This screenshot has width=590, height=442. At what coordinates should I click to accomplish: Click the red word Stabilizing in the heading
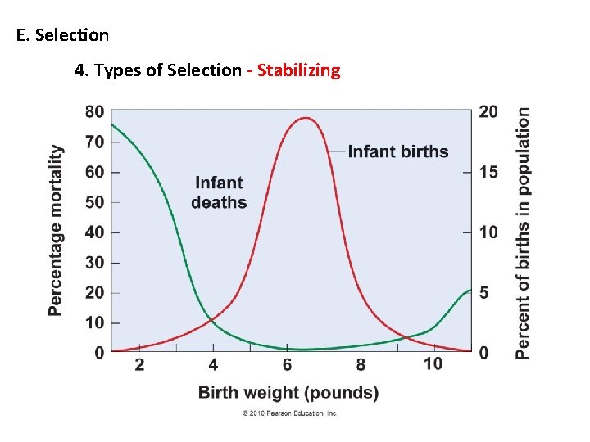point(299,70)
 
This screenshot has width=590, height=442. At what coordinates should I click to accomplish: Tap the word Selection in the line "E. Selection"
point(72,35)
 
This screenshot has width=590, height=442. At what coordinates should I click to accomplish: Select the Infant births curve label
point(398,151)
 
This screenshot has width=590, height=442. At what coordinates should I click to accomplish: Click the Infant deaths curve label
point(219,192)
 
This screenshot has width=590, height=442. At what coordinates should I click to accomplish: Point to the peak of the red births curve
point(306,118)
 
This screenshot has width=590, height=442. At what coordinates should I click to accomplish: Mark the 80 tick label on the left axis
point(94,112)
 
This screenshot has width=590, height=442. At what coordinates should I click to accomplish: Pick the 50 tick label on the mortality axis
point(94,203)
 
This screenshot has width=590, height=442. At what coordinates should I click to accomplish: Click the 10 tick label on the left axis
point(94,322)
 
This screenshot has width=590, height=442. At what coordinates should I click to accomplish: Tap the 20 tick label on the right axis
point(488,112)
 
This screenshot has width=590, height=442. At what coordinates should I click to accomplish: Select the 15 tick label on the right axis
point(488,173)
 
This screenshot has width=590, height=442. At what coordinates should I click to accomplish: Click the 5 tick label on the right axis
point(483,293)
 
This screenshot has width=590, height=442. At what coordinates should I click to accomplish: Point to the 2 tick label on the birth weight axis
point(139,364)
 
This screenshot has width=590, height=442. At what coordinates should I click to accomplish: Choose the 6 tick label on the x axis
point(287,364)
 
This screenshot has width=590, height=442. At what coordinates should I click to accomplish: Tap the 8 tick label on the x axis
point(361,364)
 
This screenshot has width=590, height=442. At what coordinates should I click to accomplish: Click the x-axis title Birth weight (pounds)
point(288,393)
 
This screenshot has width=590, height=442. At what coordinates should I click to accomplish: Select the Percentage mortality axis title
point(56,230)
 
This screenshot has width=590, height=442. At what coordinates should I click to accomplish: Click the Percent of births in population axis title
point(522,233)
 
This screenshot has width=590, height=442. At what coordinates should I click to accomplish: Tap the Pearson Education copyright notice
point(289,413)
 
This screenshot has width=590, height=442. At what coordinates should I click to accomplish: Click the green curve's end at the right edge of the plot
point(470,291)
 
